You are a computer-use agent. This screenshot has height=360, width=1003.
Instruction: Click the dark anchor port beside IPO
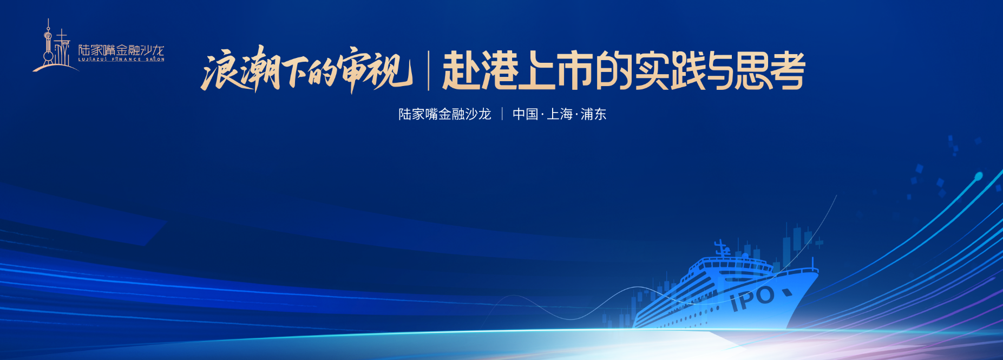click(x=786, y=293)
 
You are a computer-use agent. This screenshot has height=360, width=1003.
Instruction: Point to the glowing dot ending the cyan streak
click(x=978, y=176)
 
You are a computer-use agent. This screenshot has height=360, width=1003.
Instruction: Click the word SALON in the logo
click(x=155, y=60)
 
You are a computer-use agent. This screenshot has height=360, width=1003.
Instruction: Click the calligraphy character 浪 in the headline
click(x=219, y=71)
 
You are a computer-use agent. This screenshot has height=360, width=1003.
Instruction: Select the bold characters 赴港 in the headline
click(x=480, y=71)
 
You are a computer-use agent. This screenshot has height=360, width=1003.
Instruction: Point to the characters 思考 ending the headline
click(x=769, y=71)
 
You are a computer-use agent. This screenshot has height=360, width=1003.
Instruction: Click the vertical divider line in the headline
click(x=429, y=70)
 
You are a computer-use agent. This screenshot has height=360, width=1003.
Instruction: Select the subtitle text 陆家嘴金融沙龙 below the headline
click(x=445, y=114)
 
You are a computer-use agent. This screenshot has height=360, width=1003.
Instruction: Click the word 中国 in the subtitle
click(x=526, y=114)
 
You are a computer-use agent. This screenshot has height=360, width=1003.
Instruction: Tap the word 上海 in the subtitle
click(x=560, y=114)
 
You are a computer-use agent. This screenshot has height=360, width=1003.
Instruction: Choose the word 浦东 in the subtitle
click(x=594, y=114)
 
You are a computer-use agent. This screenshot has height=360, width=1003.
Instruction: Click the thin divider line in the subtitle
click(x=502, y=114)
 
